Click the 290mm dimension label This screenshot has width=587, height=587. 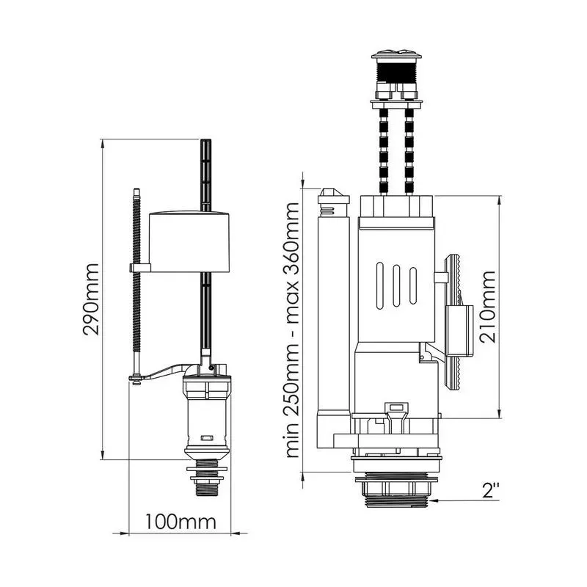[x=91, y=299]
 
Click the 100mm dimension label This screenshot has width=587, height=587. [x=181, y=522]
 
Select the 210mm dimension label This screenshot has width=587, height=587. [x=488, y=307]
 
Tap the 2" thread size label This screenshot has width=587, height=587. [x=491, y=490]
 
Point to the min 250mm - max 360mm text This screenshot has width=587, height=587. [x=292, y=330]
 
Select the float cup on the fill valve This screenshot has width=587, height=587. [x=189, y=241]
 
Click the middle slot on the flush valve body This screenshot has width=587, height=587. [x=396, y=285]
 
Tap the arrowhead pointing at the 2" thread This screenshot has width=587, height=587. [x=435, y=500]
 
